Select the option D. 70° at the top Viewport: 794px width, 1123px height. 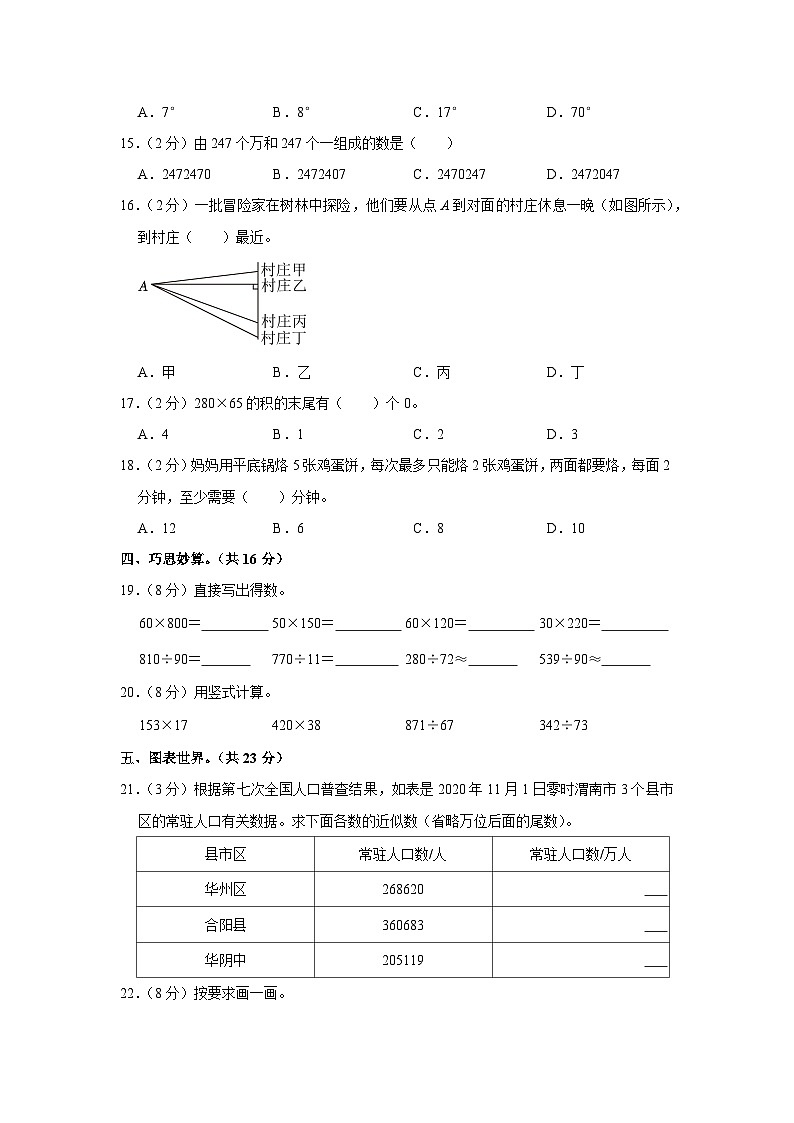(x=569, y=112)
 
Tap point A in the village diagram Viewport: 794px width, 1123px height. (x=143, y=287)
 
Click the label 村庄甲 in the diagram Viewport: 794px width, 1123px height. (x=283, y=270)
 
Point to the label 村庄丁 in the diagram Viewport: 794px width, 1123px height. (x=283, y=339)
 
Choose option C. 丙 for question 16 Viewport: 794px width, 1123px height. (x=431, y=372)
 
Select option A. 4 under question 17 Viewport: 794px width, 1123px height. (x=153, y=434)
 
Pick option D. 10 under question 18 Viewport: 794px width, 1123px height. (x=565, y=528)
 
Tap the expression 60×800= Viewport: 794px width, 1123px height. (x=170, y=623)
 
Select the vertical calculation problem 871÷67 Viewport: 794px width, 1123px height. (x=429, y=725)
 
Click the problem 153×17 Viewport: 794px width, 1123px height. (x=164, y=725)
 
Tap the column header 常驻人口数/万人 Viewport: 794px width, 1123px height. (x=580, y=854)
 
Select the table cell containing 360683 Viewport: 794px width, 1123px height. (x=403, y=925)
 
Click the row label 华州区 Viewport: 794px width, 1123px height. (x=225, y=889)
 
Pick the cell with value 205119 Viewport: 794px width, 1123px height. (x=403, y=960)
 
